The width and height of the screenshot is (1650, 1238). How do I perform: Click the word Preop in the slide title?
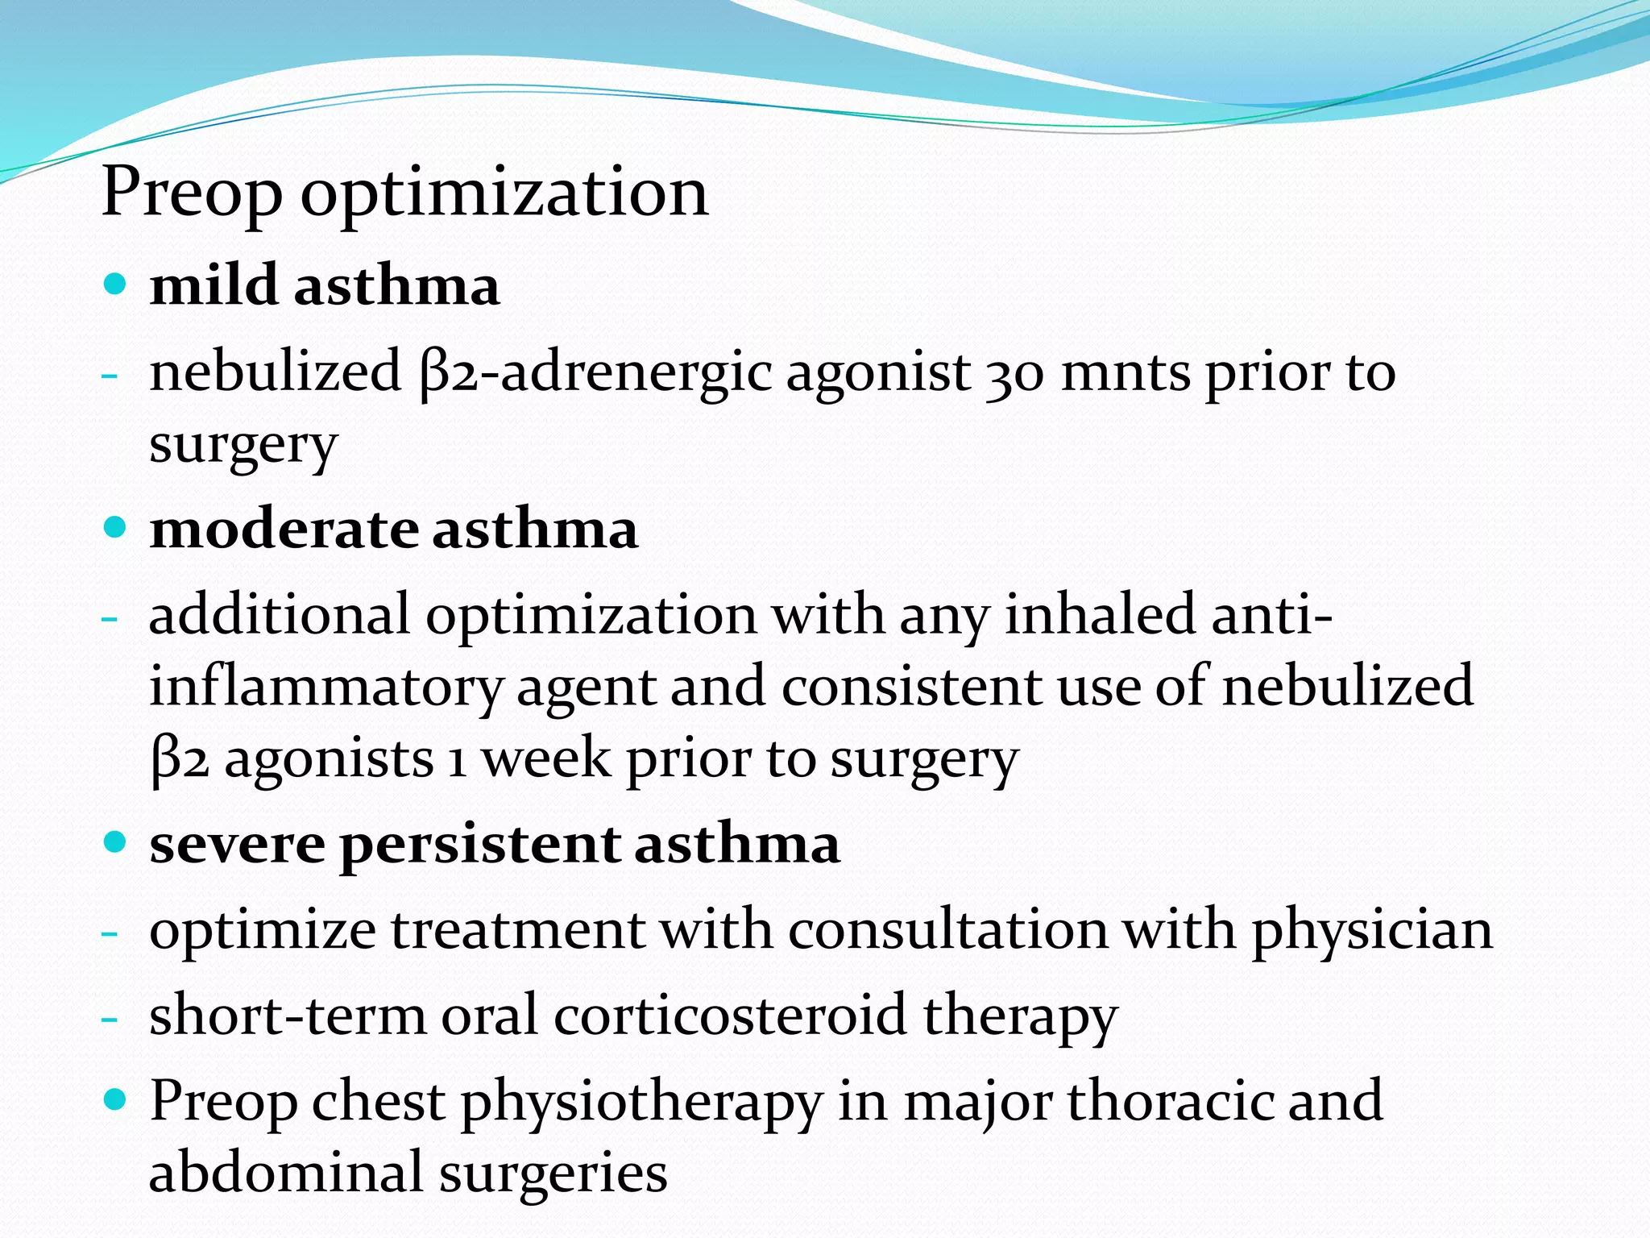coord(192,193)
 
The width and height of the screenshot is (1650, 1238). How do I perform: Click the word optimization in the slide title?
coord(504,193)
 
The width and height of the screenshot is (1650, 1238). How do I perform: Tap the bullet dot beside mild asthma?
coord(116,284)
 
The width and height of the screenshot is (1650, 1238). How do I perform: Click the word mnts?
coord(1125,374)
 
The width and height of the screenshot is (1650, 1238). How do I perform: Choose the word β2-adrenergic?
coord(595,374)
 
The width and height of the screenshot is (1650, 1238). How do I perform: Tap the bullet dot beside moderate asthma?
coord(116,527)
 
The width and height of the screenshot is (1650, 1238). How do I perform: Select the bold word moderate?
coord(284,530)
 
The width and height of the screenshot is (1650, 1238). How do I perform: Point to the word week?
coord(545,759)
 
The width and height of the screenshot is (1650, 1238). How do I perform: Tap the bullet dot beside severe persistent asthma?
coord(116,842)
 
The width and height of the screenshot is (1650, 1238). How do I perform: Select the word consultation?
coord(947,930)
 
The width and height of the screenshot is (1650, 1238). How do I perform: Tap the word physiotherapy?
coord(641,1103)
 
